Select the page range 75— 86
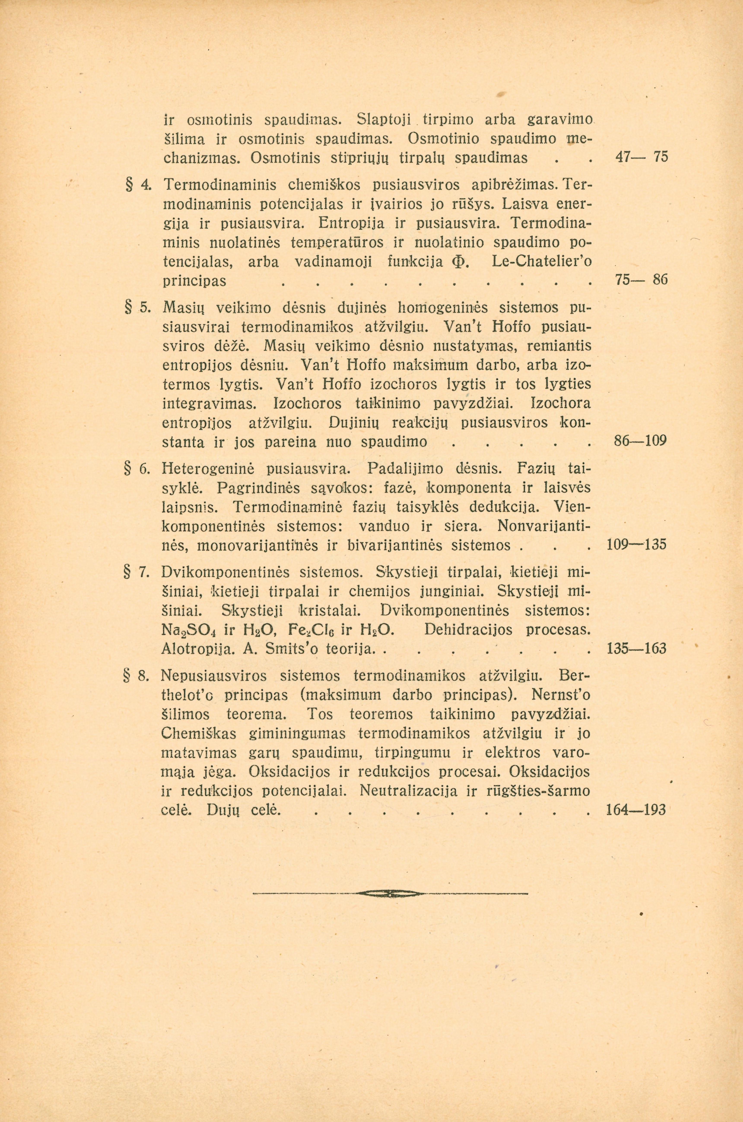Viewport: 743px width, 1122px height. (x=636, y=280)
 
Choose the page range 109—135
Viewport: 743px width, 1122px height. (x=636, y=545)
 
